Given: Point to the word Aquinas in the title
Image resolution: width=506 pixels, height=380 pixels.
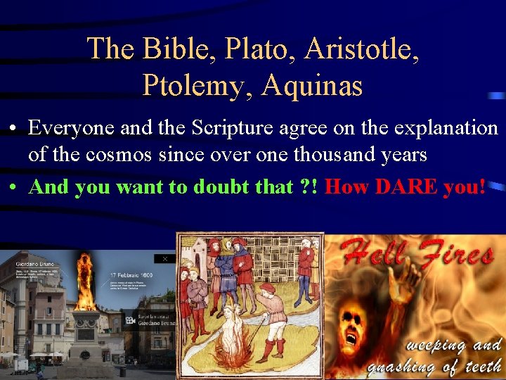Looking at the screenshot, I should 312,86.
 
